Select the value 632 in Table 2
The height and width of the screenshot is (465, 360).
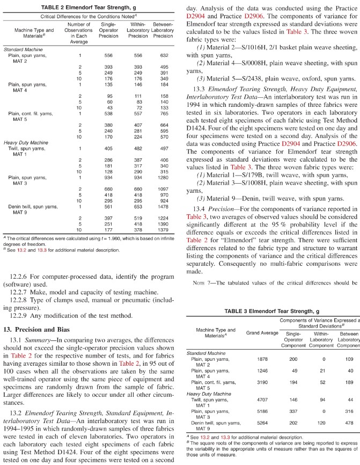tap(163, 55)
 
